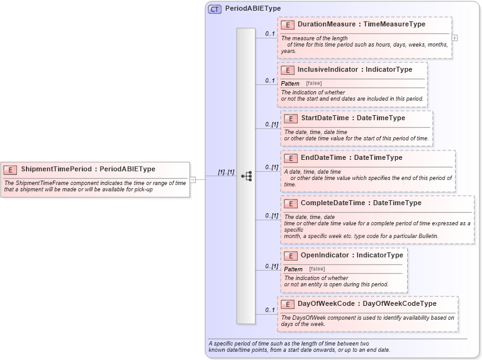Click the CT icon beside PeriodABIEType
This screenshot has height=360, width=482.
pyautogui.click(x=215, y=9)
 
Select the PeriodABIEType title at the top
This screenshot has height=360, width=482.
pyautogui.click(x=253, y=9)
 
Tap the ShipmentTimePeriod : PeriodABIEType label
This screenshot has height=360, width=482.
pyautogui.click(x=88, y=169)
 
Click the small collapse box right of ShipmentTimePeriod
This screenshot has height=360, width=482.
pyautogui.click(x=193, y=179)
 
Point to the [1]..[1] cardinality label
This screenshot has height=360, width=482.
pyautogui.click(x=226, y=172)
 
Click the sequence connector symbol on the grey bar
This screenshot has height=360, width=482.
pyautogui.click(x=247, y=176)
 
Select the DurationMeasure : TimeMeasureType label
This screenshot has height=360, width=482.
pyautogui.click(x=361, y=25)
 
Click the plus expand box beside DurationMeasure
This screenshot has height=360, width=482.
pyautogui.click(x=454, y=38)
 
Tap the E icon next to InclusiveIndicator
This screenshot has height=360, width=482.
pyautogui.click(x=288, y=70)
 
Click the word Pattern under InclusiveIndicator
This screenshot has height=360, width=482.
pyautogui.click(x=290, y=84)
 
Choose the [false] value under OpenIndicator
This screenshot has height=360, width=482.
pyautogui.click(x=317, y=269)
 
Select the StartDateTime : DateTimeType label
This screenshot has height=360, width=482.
pyautogui.click(x=353, y=118)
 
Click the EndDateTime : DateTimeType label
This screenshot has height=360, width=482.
pyautogui.click(x=351, y=158)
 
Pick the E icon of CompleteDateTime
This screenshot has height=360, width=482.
pyautogui.click(x=291, y=203)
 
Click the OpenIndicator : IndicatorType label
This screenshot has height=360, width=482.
pyautogui.click(x=352, y=256)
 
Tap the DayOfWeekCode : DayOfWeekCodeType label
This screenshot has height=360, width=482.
pyautogui.click(x=367, y=304)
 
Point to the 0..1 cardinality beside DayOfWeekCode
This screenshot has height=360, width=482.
pyautogui.click(x=270, y=310)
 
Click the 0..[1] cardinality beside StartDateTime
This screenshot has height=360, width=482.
pyautogui.click(x=271, y=124)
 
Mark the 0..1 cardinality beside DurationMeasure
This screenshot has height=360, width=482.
pyautogui.click(x=270, y=33)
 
